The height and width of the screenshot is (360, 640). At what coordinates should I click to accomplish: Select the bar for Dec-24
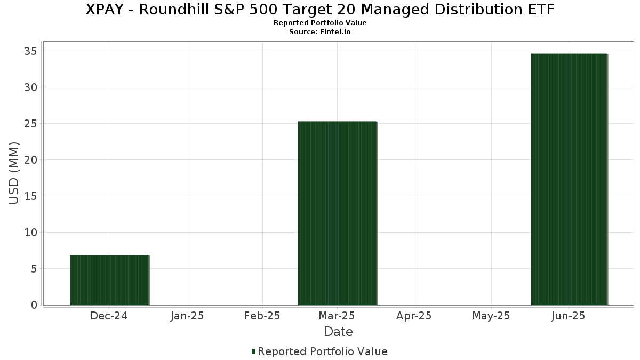(109, 280)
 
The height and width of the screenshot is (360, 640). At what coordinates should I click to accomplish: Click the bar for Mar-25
(337, 213)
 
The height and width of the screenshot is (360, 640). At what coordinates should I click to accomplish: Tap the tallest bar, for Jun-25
(569, 179)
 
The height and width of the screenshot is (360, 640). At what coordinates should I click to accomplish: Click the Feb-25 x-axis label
(262, 316)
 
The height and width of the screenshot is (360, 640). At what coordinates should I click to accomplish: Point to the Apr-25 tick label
(414, 316)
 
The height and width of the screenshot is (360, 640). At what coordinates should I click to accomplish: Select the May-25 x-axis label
(491, 316)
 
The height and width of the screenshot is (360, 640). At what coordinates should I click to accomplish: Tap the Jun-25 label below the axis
(569, 316)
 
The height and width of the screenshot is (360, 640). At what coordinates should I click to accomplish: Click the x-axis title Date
(338, 332)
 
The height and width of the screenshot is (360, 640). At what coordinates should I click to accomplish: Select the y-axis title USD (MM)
(14, 173)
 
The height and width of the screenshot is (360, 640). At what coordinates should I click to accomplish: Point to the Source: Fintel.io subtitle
(320, 31)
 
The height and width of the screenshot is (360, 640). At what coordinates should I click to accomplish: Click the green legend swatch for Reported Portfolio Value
(254, 351)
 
